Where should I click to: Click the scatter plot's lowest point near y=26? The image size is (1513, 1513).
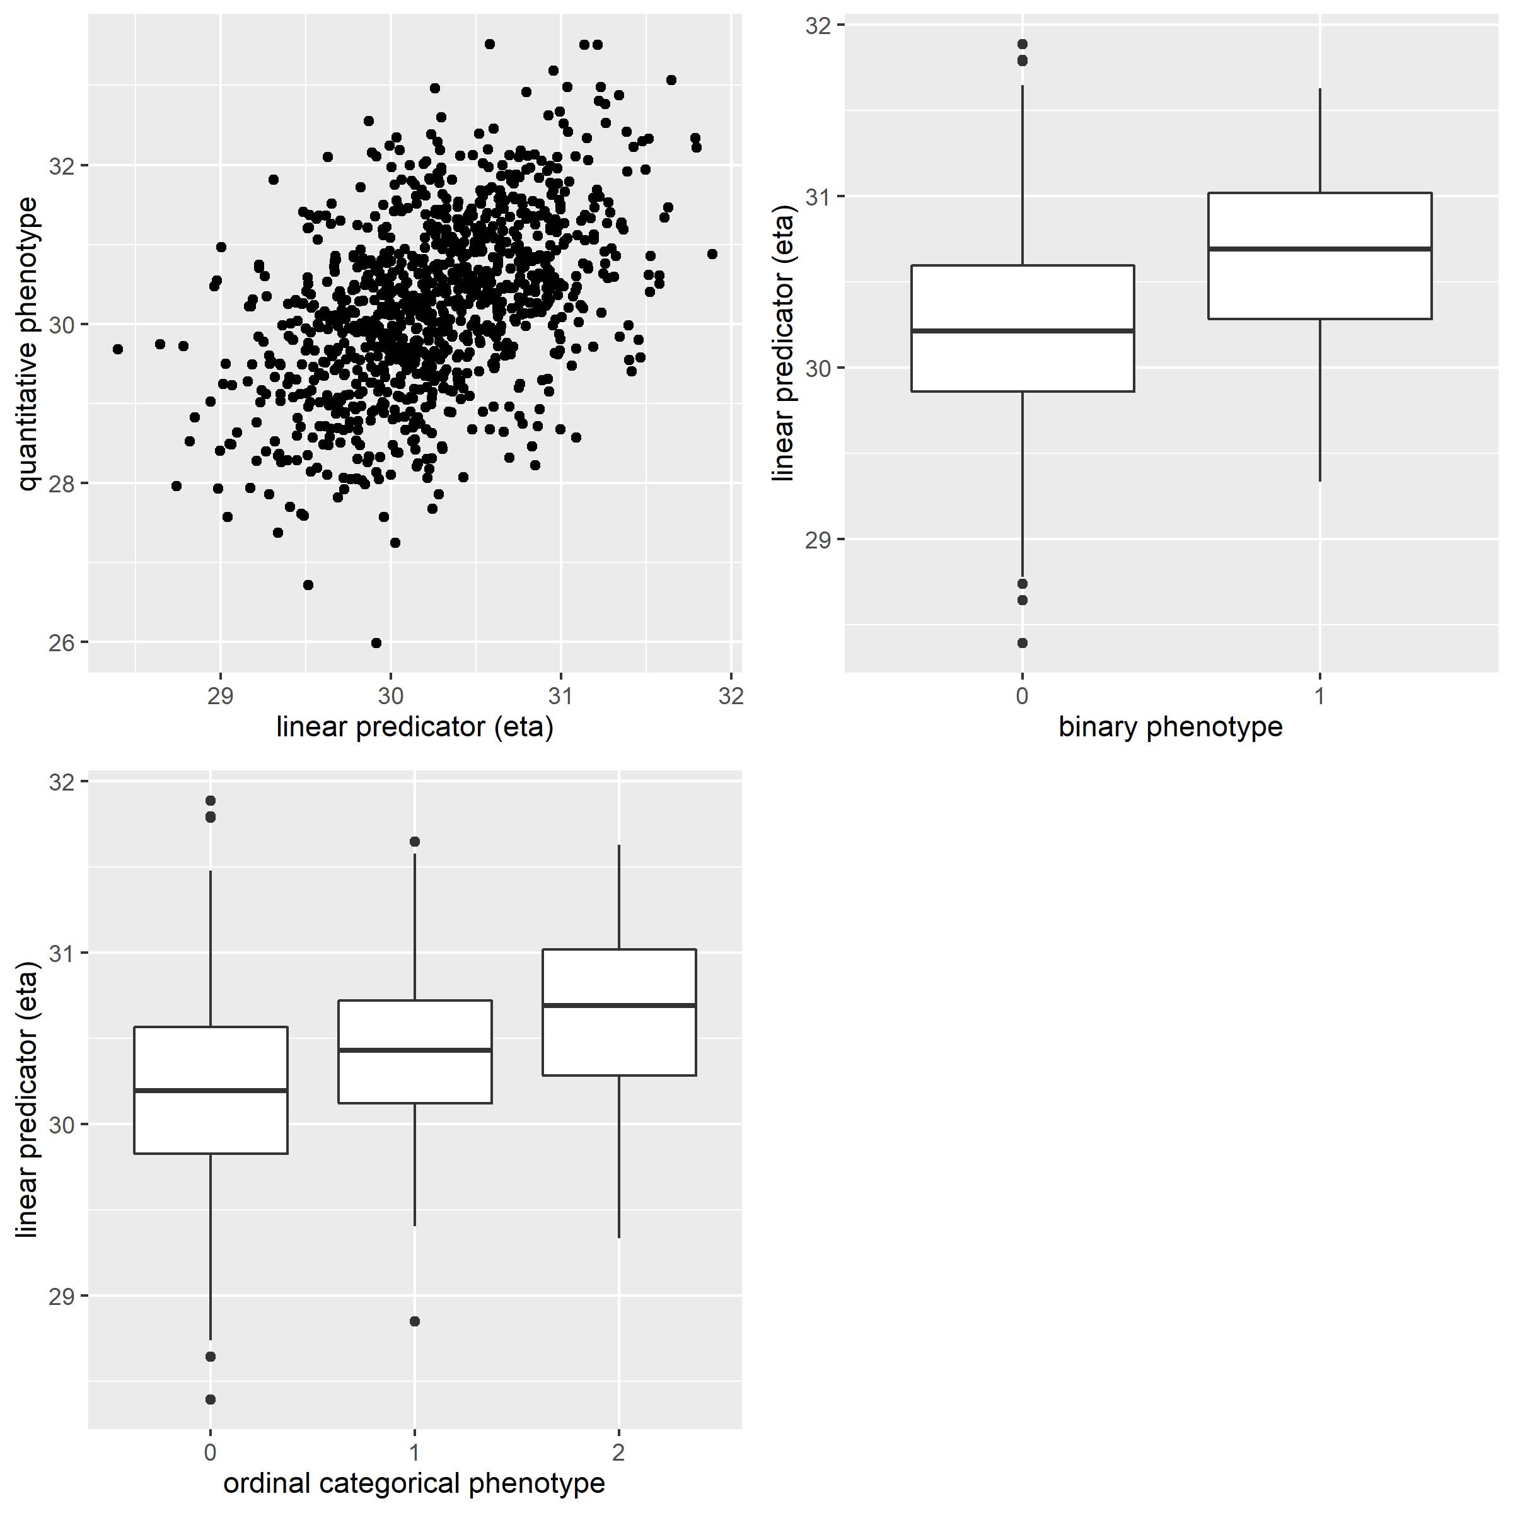pyautogui.click(x=376, y=643)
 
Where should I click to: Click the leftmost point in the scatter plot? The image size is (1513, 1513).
pyautogui.click(x=117, y=349)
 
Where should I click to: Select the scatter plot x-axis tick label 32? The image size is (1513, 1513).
pyautogui.click(x=731, y=696)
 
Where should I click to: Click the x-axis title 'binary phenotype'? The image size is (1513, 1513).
pyautogui.click(x=1170, y=728)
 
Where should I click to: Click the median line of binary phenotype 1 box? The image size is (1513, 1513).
pyautogui.click(x=1319, y=248)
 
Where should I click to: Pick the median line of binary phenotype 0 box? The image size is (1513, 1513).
pyautogui.click(x=1022, y=330)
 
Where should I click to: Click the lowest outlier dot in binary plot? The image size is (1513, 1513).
pyautogui.click(x=1022, y=643)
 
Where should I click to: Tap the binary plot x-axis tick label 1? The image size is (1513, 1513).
pyautogui.click(x=1319, y=696)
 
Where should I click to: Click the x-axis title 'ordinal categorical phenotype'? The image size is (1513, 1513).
pyautogui.click(x=414, y=1483)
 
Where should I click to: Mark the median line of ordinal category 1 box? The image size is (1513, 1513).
pyautogui.click(x=414, y=1050)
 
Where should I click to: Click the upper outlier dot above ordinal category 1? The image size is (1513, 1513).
pyautogui.click(x=414, y=842)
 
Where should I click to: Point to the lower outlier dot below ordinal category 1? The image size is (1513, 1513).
pyautogui.click(x=414, y=1321)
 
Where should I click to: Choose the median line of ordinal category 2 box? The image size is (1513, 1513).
pyautogui.click(x=618, y=1005)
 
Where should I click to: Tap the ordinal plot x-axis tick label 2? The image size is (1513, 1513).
pyautogui.click(x=618, y=1452)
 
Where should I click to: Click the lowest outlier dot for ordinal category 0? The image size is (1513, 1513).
pyautogui.click(x=210, y=1400)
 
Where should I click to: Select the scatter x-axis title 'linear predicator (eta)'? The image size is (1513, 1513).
pyautogui.click(x=414, y=728)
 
